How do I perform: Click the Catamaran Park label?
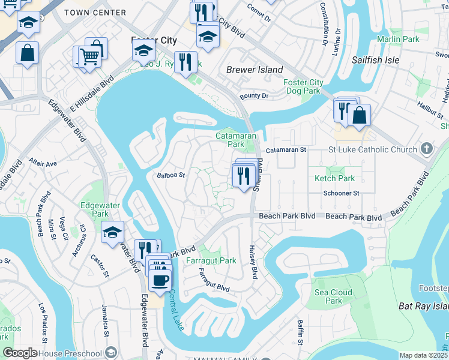[x=231, y=140]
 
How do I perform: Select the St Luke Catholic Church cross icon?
[x=426, y=148]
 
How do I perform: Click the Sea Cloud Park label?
[x=334, y=296]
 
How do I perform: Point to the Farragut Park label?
[x=211, y=261]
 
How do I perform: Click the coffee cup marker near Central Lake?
[x=160, y=280]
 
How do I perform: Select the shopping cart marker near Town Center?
[x=89, y=58]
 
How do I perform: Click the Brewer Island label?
[x=255, y=70]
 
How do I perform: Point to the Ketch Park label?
[x=334, y=178]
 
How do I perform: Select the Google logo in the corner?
[x=20, y=353]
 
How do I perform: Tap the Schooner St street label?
[x=340, y=193]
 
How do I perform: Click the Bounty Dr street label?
[x=254, y=96]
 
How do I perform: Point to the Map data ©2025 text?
[x=423, y=355]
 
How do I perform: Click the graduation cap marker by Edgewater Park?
[x=113, y=233]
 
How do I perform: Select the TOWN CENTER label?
[x=103, y=13]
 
